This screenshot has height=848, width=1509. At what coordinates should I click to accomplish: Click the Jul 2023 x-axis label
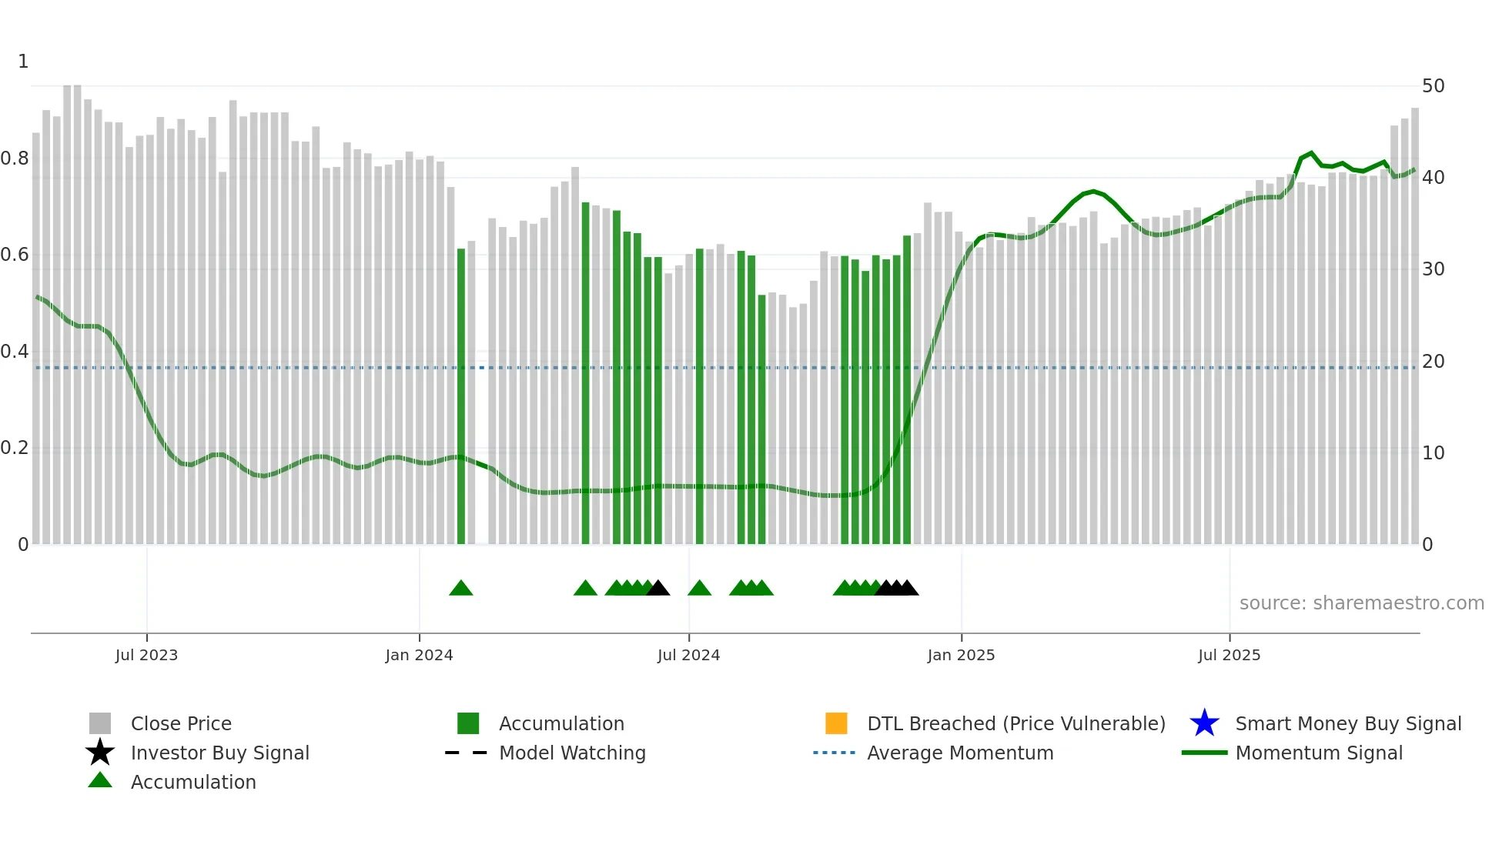(146, 655)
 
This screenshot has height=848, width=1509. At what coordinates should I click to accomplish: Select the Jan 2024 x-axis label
(419, 655)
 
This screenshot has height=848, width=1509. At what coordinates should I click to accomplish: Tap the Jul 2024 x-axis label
(688, 655)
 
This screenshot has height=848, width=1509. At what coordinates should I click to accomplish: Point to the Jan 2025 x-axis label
(961, 655)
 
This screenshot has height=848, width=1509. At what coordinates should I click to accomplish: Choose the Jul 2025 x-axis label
(1229, 655)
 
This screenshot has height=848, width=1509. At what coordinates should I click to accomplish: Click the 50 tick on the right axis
(1433, 86)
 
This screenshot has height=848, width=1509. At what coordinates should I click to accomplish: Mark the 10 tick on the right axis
(1433, 453)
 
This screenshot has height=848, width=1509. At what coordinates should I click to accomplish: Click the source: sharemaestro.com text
(1361, 603)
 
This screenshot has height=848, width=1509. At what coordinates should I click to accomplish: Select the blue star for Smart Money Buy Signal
(1204, 723)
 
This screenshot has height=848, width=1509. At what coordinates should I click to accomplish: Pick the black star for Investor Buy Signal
(100, 753)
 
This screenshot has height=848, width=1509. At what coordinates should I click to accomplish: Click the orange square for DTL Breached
(836, 723)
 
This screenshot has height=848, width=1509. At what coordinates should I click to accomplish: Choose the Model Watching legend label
(572, 753)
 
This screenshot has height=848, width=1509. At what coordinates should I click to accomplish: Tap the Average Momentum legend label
(960, 753)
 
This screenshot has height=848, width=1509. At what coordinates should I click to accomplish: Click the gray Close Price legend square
(100, 723)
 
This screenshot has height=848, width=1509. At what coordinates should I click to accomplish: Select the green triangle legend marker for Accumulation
(100, 780)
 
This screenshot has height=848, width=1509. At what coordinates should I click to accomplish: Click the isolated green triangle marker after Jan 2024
(460, 589)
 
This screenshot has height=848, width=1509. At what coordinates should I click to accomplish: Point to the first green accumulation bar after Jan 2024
(461, 396)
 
